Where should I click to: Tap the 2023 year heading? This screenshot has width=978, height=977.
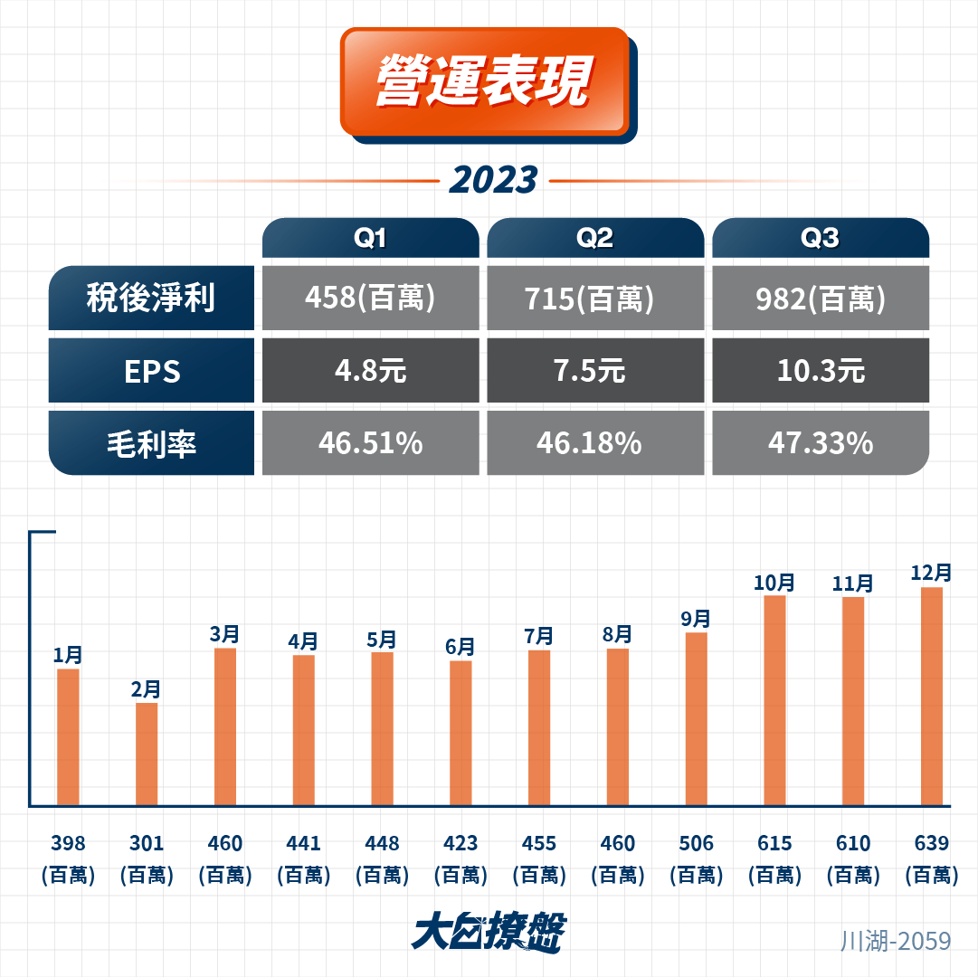click(493, 181)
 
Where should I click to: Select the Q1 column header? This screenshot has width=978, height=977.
click(370, 238)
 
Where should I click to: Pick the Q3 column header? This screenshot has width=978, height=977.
click(820, 238)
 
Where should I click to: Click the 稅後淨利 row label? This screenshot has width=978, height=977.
click(151, 298)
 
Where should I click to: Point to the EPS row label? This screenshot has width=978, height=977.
click(151, 371)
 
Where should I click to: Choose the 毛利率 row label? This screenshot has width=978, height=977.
click(151, 443)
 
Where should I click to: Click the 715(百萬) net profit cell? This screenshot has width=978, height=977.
click(594, 298)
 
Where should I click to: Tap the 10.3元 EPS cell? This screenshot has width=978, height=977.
click(820, 371)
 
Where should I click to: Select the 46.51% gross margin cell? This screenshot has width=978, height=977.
click(370, 443)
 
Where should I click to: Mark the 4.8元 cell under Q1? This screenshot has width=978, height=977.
click(370, 371)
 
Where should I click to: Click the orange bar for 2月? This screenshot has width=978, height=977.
click(147, 754)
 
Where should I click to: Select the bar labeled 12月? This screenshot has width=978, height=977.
click(931, 696)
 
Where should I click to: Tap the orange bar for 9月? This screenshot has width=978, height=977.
click(696, 718)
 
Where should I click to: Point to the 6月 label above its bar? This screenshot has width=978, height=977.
click(461, 647)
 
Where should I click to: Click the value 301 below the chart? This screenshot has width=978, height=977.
click(147, 844)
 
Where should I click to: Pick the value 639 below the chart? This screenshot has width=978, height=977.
click(931, 844)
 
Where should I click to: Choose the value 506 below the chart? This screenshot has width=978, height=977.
click(696, 844)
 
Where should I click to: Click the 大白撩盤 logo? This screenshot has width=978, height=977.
click(489, 932)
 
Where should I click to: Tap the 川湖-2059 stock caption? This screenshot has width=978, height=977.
click(896, 941)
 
